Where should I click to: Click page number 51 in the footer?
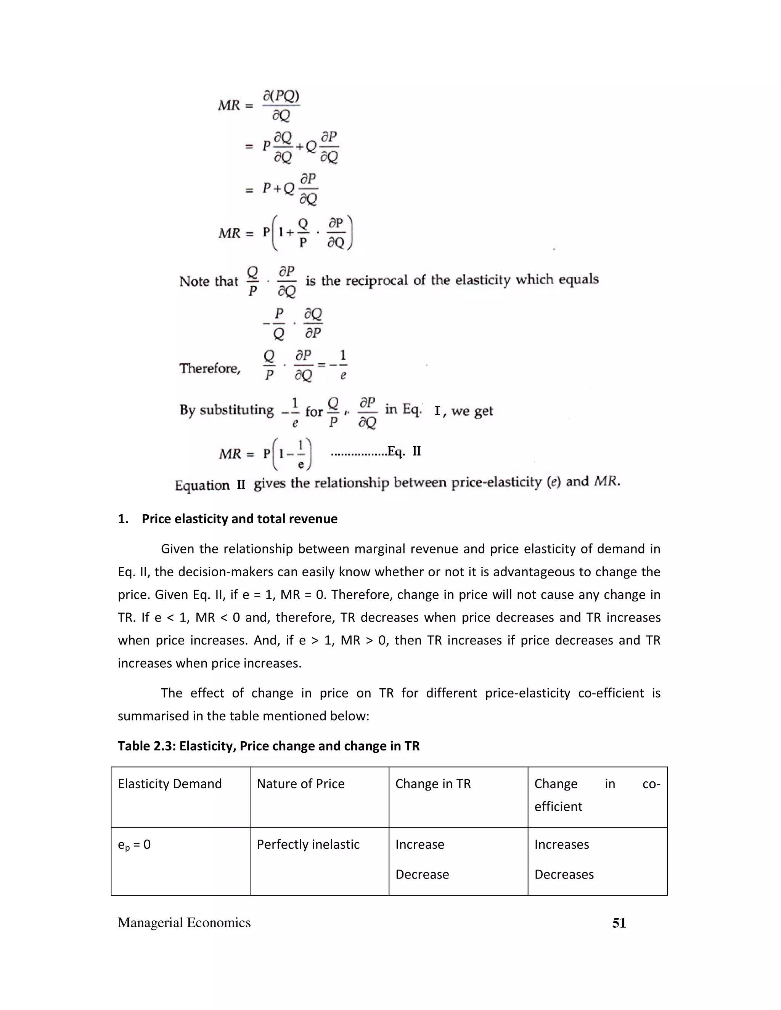pyautogui.click(x=619, y=932)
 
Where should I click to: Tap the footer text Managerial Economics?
pyautogui.click(x=184, y=932)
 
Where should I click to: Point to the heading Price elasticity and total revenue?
pyautogui.click(x=239, y=519)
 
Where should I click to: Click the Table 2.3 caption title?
pyautogui.click(x=268, y=746)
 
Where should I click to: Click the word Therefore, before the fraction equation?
pyautogui.click(x=210, y=369)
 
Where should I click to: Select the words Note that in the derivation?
pyautogui.click(x=209, y=281)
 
